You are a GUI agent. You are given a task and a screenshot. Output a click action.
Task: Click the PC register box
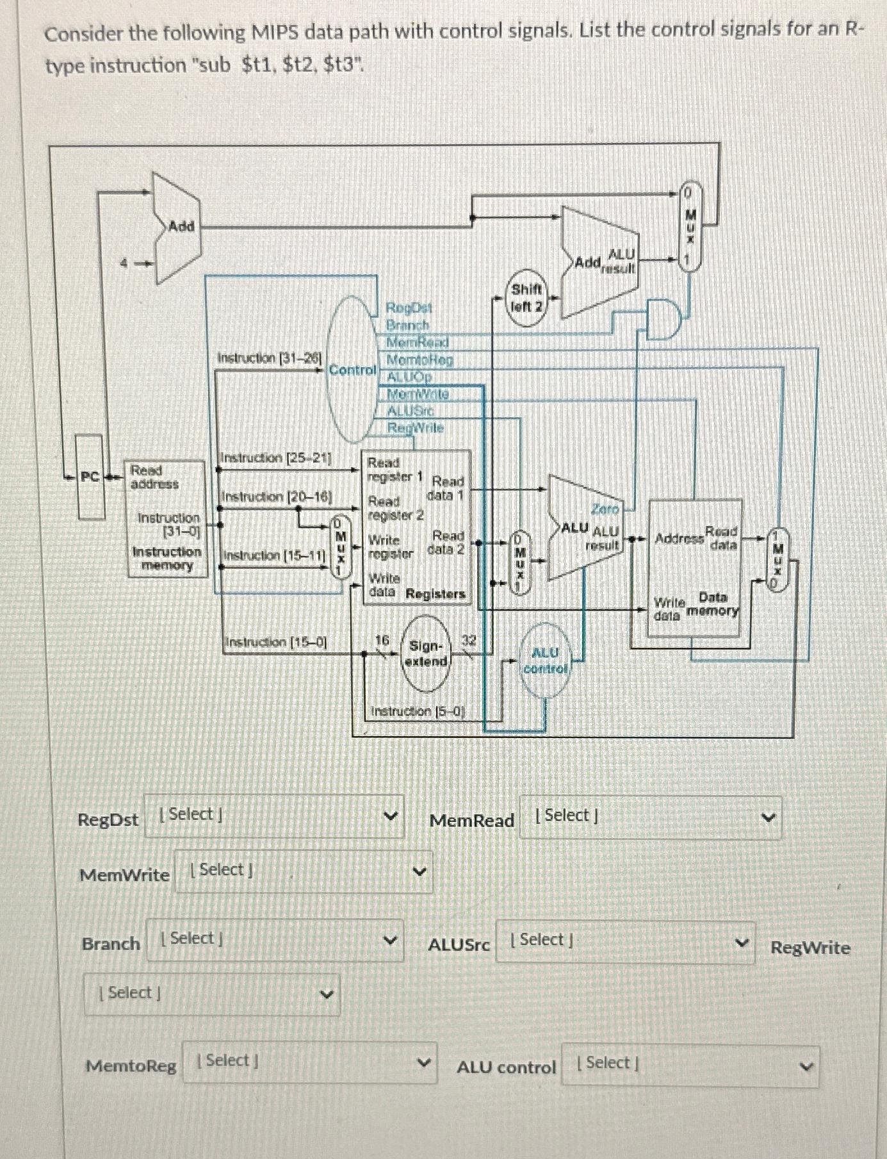click(90, 477)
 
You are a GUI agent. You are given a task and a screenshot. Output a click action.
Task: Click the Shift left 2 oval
click(526, 298)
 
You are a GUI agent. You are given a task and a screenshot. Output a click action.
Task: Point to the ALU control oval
click(545, 661)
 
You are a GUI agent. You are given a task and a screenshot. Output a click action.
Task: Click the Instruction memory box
click(167, 519)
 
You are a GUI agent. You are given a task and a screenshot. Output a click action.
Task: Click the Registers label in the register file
click(435, 594)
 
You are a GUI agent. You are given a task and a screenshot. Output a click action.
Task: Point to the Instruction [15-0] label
click(276, 641)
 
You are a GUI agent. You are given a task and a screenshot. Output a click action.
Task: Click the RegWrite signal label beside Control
click(415, 427)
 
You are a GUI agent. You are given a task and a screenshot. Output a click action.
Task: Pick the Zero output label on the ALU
click(605, 509)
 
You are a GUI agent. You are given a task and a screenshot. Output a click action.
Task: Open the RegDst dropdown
click(274, 816)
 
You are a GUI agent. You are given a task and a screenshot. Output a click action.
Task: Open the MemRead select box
click(650, 817)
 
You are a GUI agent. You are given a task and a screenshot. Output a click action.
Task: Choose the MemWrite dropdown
click(304, 871)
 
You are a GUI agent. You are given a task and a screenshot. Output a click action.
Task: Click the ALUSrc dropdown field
click(625, 942)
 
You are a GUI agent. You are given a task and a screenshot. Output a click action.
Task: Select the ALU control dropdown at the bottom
click(690, 1064)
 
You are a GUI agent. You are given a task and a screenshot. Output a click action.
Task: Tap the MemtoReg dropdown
click(310, 1062)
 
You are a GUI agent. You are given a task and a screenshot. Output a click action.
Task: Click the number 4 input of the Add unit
click(126, 263)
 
